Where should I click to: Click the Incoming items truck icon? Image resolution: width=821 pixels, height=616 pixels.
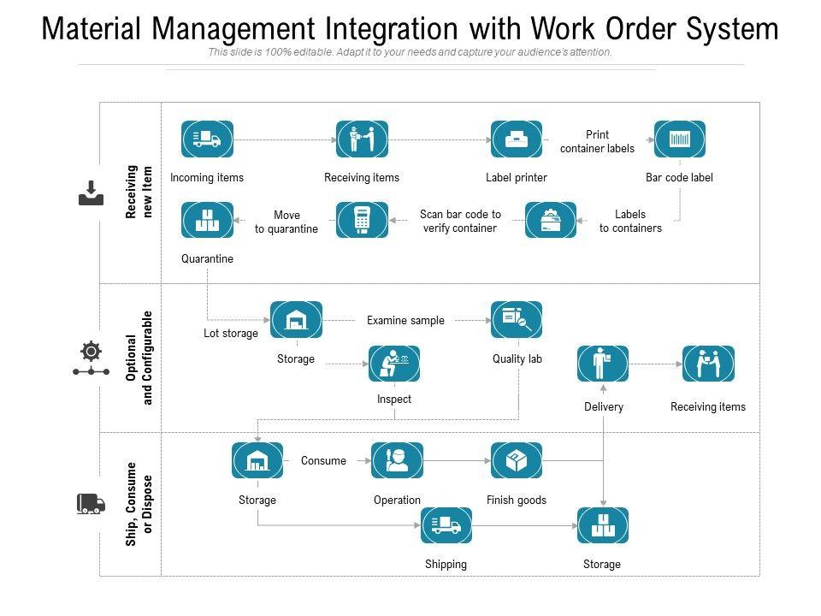[207, 139]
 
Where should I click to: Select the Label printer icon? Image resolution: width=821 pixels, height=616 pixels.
[517, 139]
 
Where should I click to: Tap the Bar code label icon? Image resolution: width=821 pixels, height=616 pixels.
[680, 139]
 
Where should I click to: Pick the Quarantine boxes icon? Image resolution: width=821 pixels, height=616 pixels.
[207, 220]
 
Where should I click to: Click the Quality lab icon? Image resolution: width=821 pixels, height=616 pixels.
[517, 319]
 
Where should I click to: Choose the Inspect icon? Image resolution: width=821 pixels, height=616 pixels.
[394, 364]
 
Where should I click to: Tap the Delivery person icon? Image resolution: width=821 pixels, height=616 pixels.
[603, 364]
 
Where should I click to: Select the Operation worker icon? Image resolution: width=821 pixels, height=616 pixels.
[397, 460]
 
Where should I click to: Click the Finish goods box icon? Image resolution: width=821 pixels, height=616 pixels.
[517, 460]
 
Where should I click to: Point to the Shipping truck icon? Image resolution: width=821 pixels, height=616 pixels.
[446, 525]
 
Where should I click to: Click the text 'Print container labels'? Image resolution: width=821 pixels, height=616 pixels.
[597, 141]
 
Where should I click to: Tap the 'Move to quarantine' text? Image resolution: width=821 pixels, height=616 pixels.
[286, 222]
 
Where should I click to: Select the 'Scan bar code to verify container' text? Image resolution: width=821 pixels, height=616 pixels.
[460, 222]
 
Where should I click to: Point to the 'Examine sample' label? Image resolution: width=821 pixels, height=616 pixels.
[405, 320]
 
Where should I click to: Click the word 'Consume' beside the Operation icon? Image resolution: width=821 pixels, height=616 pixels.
[323, 460]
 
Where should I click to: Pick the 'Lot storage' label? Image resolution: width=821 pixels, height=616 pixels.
[230, 334]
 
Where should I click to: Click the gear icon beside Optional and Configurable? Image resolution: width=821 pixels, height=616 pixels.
[90, 351]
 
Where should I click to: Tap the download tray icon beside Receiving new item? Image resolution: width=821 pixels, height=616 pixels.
[91, 193]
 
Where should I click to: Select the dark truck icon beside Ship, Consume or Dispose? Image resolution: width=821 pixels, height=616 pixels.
[91, 503]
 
